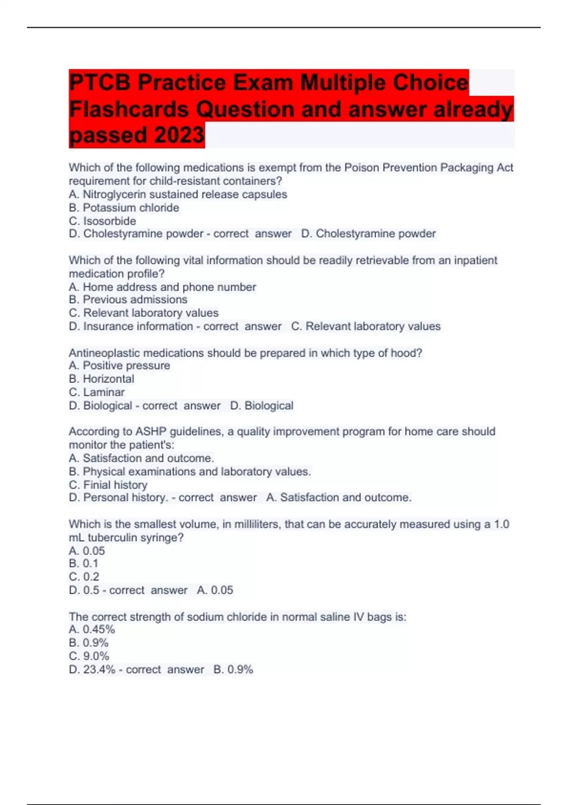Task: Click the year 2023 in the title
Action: (x=179, y=135)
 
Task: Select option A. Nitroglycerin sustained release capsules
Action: (x=178, y=195)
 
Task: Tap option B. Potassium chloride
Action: (x=124, y=208)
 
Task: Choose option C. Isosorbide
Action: (x=102, y=221)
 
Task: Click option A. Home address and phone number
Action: (x=162, y=287)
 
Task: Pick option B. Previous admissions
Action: (x=128, y=300)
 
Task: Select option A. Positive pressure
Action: (x=119, y=366)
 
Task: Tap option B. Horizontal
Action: (x=101, y=379)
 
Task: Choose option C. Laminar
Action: (x=97, y=392)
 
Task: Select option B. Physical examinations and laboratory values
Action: (x=190, y=472)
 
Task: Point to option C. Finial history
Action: (x=108, y=485)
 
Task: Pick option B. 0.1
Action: (x=83, y=563)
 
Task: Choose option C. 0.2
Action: (x=84, y=577)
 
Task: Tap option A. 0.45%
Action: (x=92, y=629)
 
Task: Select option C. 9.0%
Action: (x=89, y=656)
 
